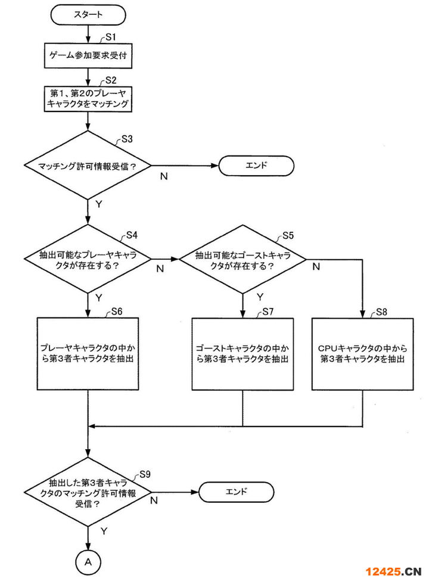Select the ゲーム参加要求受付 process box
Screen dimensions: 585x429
coord(88,57)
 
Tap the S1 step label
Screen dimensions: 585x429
coord(109,37)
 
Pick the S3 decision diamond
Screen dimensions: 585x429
coord(88,166)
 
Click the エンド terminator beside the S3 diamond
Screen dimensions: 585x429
coord(257,166)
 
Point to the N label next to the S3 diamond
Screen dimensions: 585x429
coord(163,177)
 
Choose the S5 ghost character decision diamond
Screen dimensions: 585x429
coord(243,259)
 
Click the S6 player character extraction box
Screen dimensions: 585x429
coord(88,354)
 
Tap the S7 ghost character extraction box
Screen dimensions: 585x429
coord(243,354)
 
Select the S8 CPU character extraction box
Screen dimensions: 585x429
coord(363,354)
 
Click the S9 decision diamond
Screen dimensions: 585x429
coord(88,492)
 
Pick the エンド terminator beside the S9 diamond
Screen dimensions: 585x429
coord(236,492)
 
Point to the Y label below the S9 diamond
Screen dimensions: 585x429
coord(104,530)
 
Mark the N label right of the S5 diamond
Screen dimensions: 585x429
coord(316,267)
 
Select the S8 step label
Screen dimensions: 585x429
coord(381,313)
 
